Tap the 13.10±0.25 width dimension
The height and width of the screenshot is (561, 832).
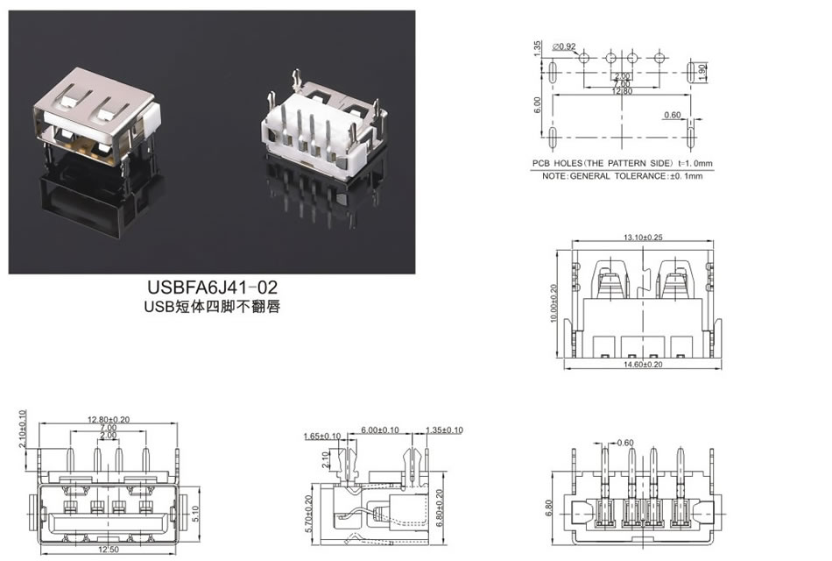pyautogui.click(x=642, y=238)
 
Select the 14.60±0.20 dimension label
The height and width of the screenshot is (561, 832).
pyautogui.click(x=642, y=364)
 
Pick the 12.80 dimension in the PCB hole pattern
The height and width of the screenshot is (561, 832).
pyautogui.click(x=622, y=90)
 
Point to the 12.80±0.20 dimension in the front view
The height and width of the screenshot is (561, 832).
pyautogui.click(x=109, y=419)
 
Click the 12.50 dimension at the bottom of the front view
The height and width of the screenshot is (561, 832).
pyautogui.click(x=108, y=550)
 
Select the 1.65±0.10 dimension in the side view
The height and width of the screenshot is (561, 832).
pyautogui.click(x=321, y=436)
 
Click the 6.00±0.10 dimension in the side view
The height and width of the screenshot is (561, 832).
pyautogui.click(x=381, y=430)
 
